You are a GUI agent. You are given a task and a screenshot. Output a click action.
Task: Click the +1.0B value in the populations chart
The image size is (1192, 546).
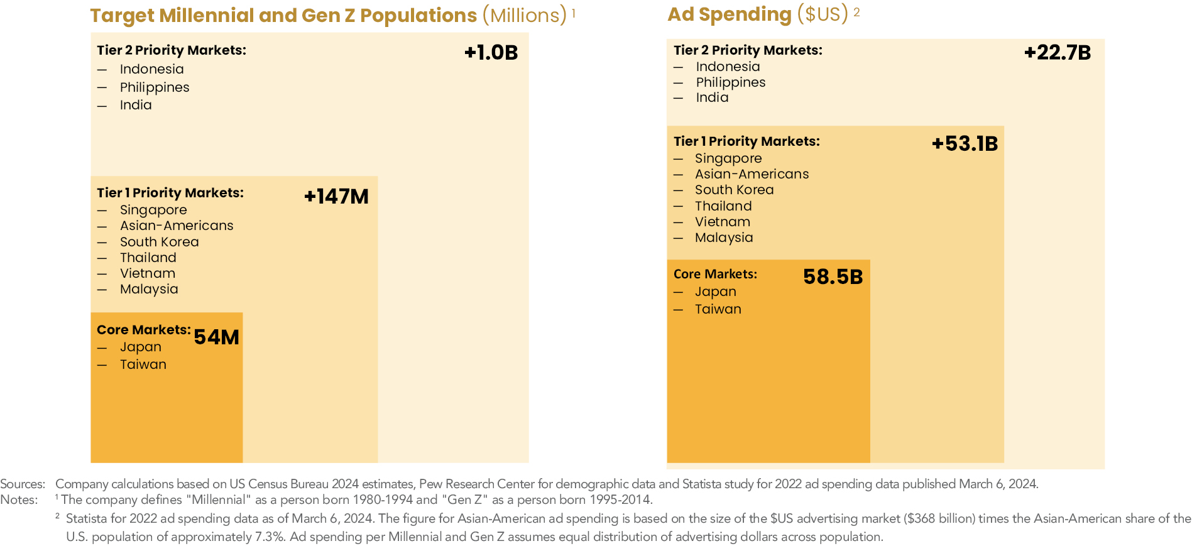[x=491, y=53]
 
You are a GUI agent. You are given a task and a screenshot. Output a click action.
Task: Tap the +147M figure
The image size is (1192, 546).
[x=336, y=197]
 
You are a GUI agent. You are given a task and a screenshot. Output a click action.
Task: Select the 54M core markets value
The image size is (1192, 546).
[x=216, y=337]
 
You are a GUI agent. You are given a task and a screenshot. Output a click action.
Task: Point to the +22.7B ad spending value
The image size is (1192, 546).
[x=1057, y=53]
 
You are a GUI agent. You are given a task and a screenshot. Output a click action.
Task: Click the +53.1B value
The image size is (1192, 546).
[x=965, y=144]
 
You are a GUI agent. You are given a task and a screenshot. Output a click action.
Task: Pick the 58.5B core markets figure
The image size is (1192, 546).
[x=833, y=277]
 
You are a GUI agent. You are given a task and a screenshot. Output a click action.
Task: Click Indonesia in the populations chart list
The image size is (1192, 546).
[x=151, y=69]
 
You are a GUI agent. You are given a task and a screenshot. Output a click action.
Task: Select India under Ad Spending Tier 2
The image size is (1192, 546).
[x=712, y=97]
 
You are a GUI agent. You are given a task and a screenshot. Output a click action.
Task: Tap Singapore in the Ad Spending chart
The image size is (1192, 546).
[x=728, y=158]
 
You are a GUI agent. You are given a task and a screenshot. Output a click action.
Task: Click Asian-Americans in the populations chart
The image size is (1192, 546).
[x=177, y=226]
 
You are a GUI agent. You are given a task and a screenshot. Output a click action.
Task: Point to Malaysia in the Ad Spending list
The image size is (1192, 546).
[x=723, y=238]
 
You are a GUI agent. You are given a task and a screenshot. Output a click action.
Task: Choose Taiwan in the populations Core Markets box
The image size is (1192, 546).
[x=143, y=364]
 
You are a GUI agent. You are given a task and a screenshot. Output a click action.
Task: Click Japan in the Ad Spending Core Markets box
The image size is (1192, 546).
[x=715, y=292]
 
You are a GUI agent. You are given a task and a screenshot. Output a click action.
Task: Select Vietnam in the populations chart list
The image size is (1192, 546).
[x=148, y=273]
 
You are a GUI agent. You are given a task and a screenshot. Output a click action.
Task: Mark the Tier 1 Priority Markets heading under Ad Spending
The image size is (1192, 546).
[x=746, y=141]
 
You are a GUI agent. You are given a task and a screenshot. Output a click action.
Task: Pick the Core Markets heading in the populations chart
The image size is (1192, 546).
[x=143, y=330]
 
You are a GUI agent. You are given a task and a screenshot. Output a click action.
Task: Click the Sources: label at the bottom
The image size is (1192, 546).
[x=23, y=484]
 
